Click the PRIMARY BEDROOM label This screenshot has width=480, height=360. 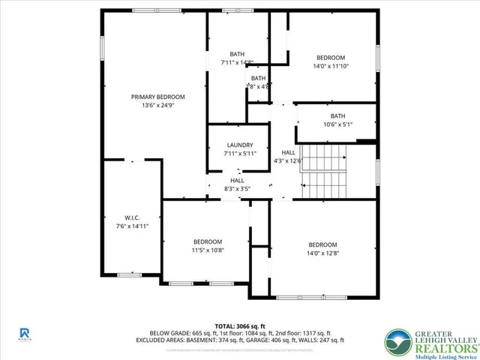pyautogui.click(x=157, y=97)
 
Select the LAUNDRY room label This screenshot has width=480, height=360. pyautogui.click(x=239, y=145)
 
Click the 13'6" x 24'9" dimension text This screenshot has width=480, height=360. pyautogui.click(x=157, y=106)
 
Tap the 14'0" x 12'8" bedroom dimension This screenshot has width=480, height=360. pyautogui.click(x=322, y=253)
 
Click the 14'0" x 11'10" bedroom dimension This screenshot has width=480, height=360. pyautogui.click(x=330, y=66)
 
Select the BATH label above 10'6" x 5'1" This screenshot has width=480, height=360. pyautogui.click(x=337, y=115)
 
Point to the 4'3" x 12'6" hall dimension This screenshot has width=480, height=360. pyautogui.click(x=288, y=160)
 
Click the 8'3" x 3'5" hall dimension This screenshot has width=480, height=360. pyautogui.click(x=237, y=189)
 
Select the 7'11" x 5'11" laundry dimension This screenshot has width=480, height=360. pyautogui.click(x=239, y=154)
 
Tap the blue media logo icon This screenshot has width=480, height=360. pyautogui.click(x=25, y=331)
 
